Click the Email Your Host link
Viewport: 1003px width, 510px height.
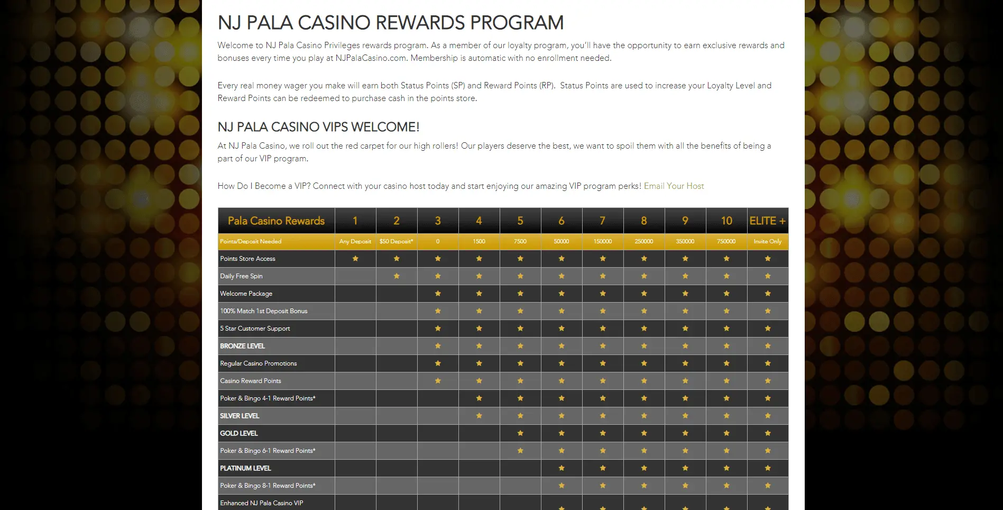pos(674,186)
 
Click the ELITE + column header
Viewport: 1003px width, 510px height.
pos(767,221)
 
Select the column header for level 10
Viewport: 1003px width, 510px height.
pos(726,221)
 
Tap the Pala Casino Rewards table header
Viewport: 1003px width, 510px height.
pos(276,221)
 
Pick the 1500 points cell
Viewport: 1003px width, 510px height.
pos(479,242)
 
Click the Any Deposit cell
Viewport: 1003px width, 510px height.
pos(355,242)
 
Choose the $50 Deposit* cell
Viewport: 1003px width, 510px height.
pos(397,242)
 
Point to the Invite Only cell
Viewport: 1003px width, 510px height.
pos(767,242)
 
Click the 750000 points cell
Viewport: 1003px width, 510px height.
pos(726,242)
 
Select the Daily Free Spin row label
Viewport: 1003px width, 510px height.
pos(241,276)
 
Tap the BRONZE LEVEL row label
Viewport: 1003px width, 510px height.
pos(242,346)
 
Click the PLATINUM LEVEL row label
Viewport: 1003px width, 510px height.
pos(245,468)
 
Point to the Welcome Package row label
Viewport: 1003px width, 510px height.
pos(246,294)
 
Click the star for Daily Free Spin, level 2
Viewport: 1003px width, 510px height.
pos(397,276)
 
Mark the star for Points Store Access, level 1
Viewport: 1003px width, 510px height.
pos(355,259)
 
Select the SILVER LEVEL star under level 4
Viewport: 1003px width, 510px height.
pos(479,416)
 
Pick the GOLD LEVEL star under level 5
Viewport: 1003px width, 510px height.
pos(520,433)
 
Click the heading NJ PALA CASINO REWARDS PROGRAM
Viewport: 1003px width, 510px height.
pos(391,23)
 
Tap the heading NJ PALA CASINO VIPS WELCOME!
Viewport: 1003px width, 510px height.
pos(318,127)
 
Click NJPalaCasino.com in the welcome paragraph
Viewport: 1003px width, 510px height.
pos(371,58)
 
